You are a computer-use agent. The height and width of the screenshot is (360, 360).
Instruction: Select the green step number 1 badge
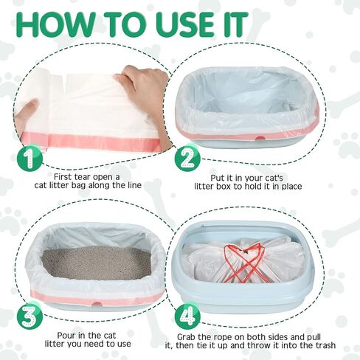(30, 157)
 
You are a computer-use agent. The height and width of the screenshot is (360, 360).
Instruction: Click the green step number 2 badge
(187, 158)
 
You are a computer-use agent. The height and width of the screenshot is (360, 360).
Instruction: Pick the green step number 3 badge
(30, 316)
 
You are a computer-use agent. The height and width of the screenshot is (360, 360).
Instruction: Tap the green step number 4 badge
(187, 316)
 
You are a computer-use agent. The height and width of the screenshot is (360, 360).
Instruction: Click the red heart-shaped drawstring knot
(244, 263)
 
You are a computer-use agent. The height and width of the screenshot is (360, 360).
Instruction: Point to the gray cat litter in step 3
(97, 263)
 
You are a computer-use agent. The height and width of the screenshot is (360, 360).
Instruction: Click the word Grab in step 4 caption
(187, 337)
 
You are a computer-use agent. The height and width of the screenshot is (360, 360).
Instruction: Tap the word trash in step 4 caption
(324, 345)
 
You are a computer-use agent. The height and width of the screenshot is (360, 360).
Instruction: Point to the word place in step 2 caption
(291, 187)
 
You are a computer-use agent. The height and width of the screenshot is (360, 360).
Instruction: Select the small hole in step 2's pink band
(259, 138)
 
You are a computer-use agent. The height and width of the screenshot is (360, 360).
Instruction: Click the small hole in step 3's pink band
(97, 304)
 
